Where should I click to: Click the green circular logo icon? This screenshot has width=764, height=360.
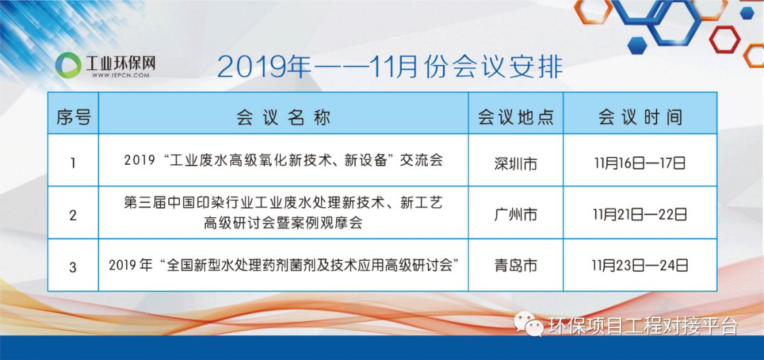pyautogui.click(x=68, y=65)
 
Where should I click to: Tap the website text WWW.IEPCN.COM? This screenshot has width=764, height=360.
pyautogui.click(x=120, y=76)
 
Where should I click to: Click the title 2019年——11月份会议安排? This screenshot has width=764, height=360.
pyautogui.click(x=390, y=67)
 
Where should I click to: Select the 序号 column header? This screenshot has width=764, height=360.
pyautogui.click(x=73, y=117)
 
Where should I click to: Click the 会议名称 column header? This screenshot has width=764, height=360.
pyautogui.click(x=284, y=117)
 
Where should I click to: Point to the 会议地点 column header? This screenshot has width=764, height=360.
pyautogui.click(x=516, y=117)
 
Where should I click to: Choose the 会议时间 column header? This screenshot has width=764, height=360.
pyautogui.click(x=640, y=117)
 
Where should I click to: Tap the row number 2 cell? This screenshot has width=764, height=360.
pyautogui.click(x=73, y=215)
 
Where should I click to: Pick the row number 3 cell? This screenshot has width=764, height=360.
pyautogui.click(x=73, y=267)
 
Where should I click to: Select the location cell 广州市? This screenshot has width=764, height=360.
pyautogui.click(x=516, y=214)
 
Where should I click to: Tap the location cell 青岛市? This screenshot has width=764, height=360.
pyautogui.click(x=516, y=265)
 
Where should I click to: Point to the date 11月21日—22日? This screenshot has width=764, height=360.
pyautogui.click(x=639, y=214)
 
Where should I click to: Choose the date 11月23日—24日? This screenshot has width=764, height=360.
pyautogui.click(x=639, y=265)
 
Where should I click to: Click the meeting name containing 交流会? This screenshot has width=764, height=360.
pyautogui.click(x=284, y=161)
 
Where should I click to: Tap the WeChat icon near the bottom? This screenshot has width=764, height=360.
pyautogui.click(x=528, y=324)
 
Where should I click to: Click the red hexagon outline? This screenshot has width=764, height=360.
pyautogui.click(x=724, y=40)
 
